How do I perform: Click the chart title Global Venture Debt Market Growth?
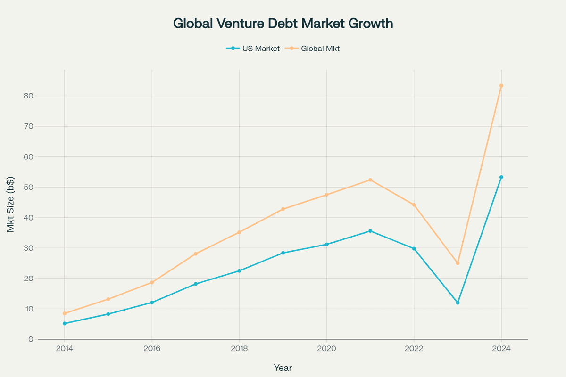point(283,24)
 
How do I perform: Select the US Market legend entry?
point(253,48)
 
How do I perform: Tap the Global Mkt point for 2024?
point(501,86)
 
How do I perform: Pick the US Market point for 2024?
point(501,177)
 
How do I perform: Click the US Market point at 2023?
point(458,303)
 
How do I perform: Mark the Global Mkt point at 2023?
point(458,263)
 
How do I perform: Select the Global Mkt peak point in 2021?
point(370,180)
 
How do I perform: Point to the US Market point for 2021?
point(370,231)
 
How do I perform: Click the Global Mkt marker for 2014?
point(65,313)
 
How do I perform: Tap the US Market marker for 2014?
point(65,323)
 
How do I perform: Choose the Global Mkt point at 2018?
point(239,232)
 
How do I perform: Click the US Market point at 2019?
point(283,253)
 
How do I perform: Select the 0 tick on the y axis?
point(30,339)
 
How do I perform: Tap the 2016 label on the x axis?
point(152,349)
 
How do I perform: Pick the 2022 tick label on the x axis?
point(414,349)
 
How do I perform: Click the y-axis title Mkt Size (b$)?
point(11,204)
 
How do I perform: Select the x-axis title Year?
point(283,368)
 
